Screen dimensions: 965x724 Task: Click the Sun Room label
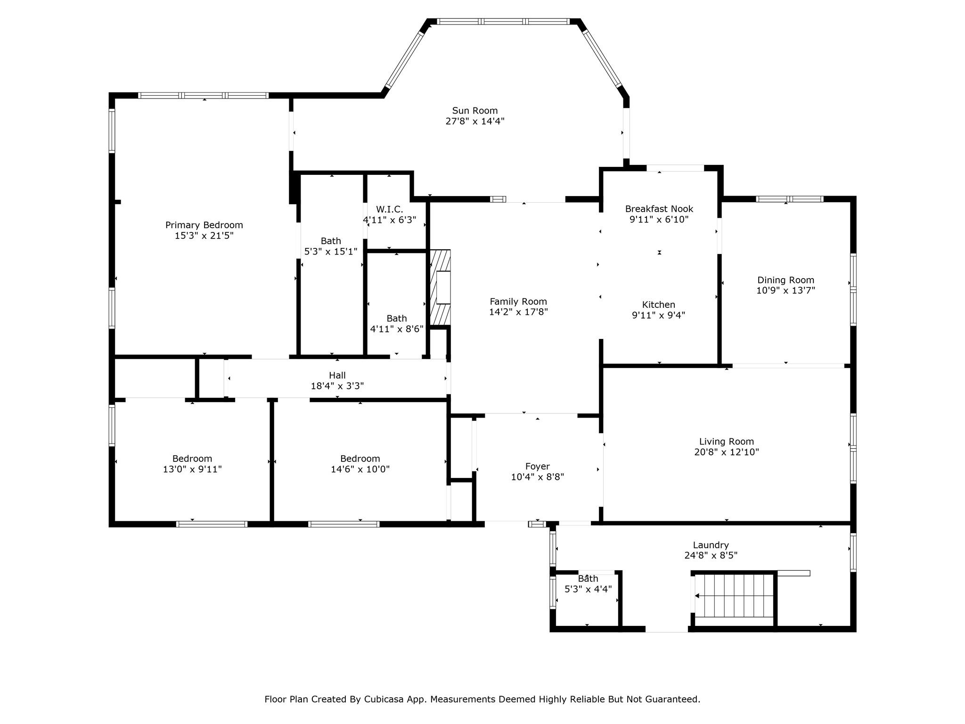pyautogui.click(x=474, y=111)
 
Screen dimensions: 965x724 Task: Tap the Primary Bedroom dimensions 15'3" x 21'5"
pyautogui.click(x=204, y=236)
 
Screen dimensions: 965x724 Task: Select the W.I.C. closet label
pyautogui.click(x=389, y=209)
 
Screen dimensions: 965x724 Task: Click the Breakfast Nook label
pyautogui.click(x=659, y=209)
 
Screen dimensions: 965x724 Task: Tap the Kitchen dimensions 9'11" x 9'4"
pyautogui.click(x=659, y=315)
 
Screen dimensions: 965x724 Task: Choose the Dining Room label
pyautogui.click(x=785, y=280)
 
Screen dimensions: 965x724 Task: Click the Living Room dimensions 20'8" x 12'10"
pyautogui.click(x=727, y=452)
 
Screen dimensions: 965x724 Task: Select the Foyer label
pyautogui.click(x=538, y=467)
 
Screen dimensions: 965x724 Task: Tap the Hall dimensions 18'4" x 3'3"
pyautogui.click(x=337, y=386)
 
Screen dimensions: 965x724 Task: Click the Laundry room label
pyautogui.click(x=711, y=545)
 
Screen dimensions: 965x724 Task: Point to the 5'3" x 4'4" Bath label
pyautogui.click(x=588, y=579)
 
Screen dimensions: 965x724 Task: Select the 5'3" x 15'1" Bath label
pyautogui.click(x=331, y=241)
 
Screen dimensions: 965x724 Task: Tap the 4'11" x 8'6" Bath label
pyautogui.click(x=397, y=319)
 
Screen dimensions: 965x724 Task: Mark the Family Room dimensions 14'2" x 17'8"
pyautogui.click(x=518, y=312)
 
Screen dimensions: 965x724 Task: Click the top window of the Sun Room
pyautogui.click(x=503, y=21)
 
